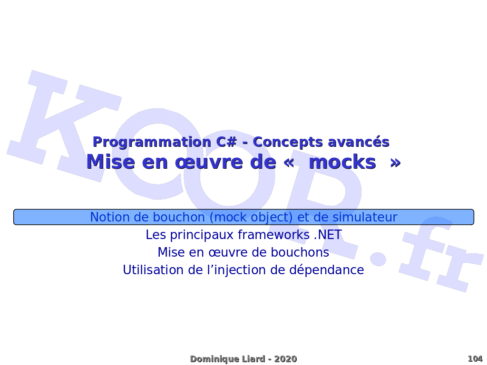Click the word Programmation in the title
tap(152, 142)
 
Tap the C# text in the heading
tap(226, 142)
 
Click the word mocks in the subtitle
tap(342, 162)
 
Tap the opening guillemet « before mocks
tap(289, 163)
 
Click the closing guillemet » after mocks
tap(395, 163)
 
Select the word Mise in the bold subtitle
tap(110, 162)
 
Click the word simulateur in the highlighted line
tap(365, 217)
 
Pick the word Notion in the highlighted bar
tap(110, 217)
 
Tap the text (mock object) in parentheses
tap(251, 217)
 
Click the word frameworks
tap(274, 235)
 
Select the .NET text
tap(328, 235)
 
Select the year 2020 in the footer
tap(285, 359)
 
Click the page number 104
tap(475, 359)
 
